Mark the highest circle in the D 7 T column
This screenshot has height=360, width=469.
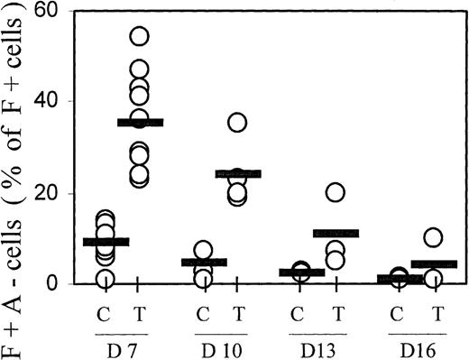click(x=140, y=36)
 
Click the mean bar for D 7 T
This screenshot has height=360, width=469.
click(x=140, y=122)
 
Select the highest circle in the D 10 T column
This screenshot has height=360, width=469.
click(x=237, y=122)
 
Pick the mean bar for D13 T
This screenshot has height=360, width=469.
click(x=336, y=233)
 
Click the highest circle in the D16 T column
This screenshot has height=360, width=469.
click(x=433, y=237)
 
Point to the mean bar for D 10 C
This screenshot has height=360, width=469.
click(x=203, y=263)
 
